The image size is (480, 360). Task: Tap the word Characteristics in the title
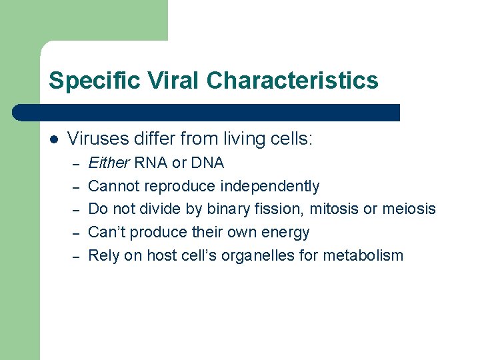tap(292, 81)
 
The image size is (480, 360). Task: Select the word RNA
tap(151, 163)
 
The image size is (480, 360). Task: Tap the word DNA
tap(207, 163)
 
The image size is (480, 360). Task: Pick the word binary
tap(229, 209)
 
